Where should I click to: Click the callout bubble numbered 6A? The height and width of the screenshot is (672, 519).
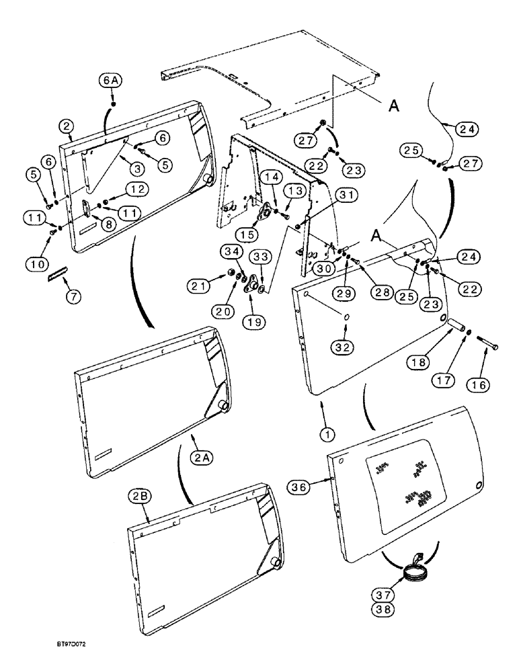[x=112, y=81]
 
